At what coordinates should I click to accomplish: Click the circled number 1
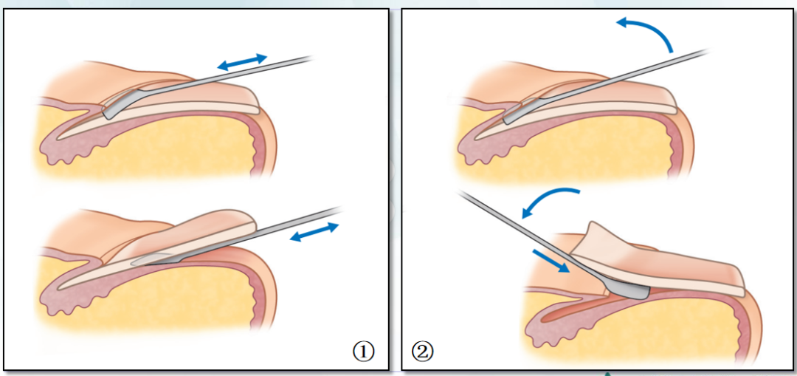pyautogui.click(x=363, y=352)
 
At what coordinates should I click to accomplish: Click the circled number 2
pyautogui.click(x=424, y=351)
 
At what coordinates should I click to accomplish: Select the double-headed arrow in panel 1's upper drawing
pyautogui.click(x=242, y=61)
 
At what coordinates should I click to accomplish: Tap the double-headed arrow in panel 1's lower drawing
pyautogui.click(x=316, y=233)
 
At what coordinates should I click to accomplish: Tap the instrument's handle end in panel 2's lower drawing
pyautogui.click(x=460, y=193)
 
